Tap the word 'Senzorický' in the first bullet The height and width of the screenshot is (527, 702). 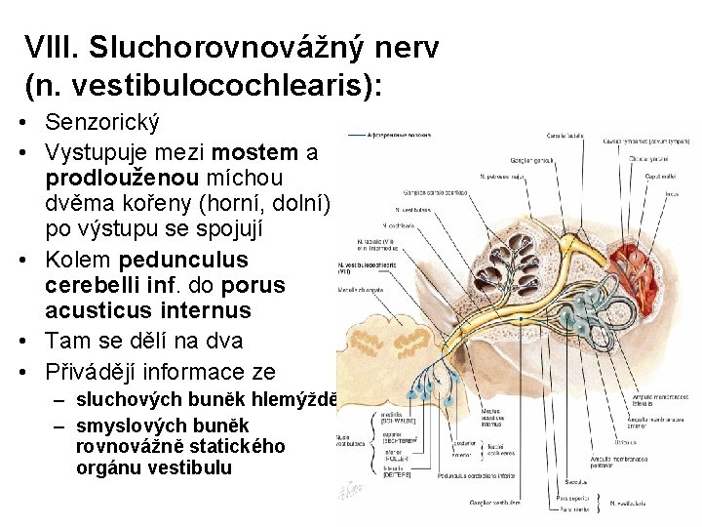click(x=101, y=124)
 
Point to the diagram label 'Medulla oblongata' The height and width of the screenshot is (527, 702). click(x=360, y=290)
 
